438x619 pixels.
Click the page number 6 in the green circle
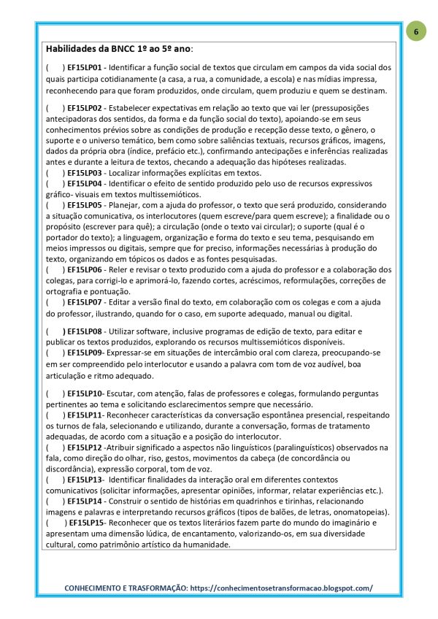coord(415,33)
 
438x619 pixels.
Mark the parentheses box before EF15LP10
coord(55,394)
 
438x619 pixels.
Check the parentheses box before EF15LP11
coord(55,415)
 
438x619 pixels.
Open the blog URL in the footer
coord(286,588)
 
